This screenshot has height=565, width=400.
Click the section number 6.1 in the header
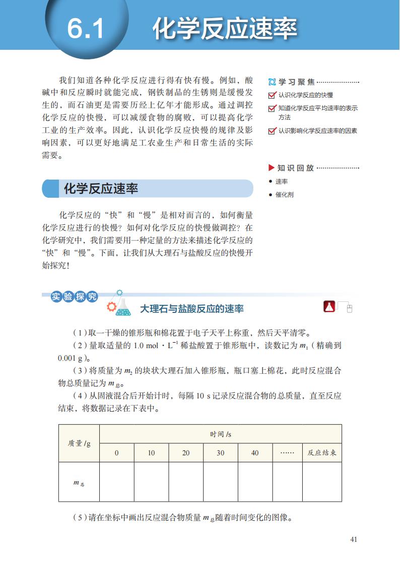86,28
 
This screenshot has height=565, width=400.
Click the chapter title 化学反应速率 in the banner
225,28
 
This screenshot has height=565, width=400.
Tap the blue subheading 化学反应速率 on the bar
101,189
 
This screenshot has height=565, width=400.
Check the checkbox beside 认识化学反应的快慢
272,95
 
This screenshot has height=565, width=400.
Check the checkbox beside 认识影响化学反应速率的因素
272,131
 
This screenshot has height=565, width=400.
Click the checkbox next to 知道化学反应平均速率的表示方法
272,108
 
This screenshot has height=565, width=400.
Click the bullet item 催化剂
284,195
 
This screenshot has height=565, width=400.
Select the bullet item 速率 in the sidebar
282,182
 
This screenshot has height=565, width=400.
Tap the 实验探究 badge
74,297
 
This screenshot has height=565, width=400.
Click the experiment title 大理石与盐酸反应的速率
191,308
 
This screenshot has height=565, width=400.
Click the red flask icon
329,306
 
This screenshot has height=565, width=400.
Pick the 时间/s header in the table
220,434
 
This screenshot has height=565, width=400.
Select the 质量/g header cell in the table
79,443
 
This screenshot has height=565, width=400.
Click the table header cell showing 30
220,453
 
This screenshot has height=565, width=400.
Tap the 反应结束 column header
322,453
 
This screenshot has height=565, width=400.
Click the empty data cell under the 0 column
116,482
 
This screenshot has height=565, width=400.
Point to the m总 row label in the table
79,482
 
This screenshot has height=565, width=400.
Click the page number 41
353,539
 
